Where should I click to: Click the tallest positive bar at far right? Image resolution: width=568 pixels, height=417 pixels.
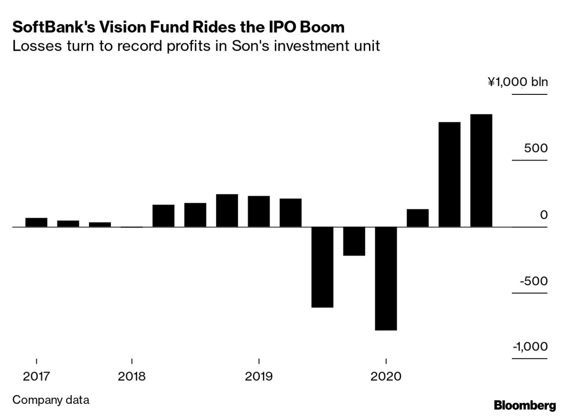click(x=481, y=171)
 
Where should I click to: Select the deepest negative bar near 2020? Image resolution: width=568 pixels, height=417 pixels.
click(x=386, y=278)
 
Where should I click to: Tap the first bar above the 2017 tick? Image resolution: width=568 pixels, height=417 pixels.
click(x=36, y=222)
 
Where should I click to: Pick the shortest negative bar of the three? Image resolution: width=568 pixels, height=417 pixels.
click(x=354, y=241)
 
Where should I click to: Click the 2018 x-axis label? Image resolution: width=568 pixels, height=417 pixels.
click(x=132, y=376)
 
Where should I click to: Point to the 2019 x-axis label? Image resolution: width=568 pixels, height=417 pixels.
click(x=259, y=376)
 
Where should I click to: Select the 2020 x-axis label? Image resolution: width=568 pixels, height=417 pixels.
click(x=386, y=376)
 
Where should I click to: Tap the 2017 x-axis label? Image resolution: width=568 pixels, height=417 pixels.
click(x=36, y=376)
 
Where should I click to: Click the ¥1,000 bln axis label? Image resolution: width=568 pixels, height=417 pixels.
click(x=517, y=82)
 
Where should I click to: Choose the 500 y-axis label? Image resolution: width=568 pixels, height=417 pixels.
click(x=535, y=148)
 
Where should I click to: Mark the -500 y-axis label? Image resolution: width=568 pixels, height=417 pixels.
click(x=533, y=281)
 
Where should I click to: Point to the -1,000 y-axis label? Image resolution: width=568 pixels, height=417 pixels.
click(x=530, y=346)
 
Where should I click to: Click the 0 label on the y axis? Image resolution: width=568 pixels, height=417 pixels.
click(x=544, y=215)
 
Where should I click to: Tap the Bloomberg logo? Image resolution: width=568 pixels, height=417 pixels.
click(x=524, y=405)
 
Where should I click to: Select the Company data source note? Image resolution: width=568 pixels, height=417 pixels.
click(x=51, y=400)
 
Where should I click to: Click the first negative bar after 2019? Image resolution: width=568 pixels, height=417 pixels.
click(x=322, y=267)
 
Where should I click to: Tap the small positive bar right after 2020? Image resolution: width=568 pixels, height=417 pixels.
click(x=417, y=218)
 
